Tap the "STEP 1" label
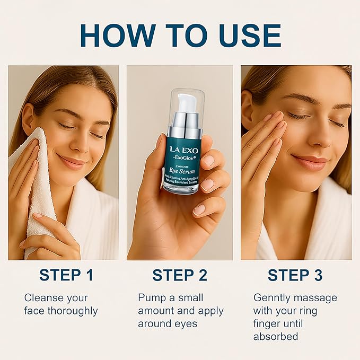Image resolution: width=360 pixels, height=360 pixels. point(66,275)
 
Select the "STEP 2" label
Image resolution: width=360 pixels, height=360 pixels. point(180,275)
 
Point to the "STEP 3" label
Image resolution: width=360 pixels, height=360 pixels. point(296,275)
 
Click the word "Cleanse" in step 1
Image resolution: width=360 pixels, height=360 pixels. point(44,297)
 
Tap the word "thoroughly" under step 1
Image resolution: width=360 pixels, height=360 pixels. point(73,311)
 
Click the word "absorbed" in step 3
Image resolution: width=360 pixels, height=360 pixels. point(276,337)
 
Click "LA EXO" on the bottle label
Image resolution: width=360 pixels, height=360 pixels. point(183,150)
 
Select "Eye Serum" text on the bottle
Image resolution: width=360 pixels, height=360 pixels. point(183,171)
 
